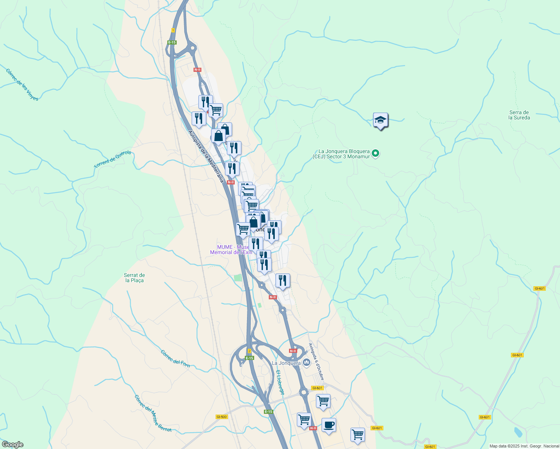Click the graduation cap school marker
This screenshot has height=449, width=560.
point(380,120)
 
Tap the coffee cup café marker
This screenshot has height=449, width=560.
point(329,425)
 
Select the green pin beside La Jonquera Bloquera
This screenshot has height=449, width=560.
point(376,153)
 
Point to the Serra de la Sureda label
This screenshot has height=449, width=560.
point(519,115)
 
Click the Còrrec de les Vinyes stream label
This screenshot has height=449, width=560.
point(22,85)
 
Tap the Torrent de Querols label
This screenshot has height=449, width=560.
point(113,159)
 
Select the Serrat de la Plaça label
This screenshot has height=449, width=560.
point(134,278)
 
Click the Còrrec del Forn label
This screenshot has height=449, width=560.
point(175,358)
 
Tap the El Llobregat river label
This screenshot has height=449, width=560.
point(280,382)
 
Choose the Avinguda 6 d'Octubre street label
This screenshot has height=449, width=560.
point(316,362)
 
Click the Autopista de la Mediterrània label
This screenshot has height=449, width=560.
point(206,156)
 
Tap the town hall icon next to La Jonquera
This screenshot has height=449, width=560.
point(307,362)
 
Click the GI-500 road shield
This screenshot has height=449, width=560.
point(222,417)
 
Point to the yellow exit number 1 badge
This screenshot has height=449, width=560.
point(173,30)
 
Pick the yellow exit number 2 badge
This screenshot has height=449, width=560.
point(249,351)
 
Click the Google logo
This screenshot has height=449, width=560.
point(12,445)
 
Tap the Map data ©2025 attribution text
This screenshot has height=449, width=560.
point(524,446)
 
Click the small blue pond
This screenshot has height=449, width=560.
point(518,432)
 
